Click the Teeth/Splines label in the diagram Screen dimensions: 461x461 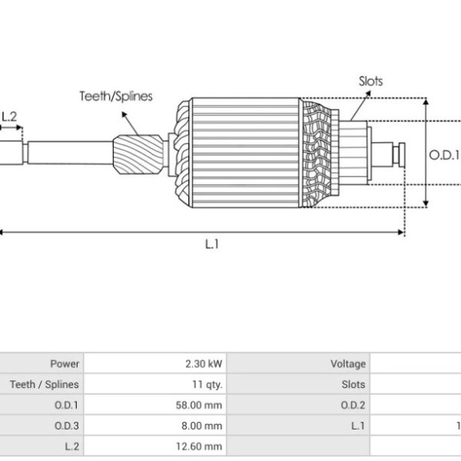116,97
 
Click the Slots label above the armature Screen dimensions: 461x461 371,81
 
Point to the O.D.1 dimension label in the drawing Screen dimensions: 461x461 444,155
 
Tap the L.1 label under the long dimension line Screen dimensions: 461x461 212,244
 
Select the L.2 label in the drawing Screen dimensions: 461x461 9,117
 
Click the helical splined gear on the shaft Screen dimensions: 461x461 138,154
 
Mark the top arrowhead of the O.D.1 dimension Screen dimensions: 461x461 426,101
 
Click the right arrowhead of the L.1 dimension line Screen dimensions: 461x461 401,232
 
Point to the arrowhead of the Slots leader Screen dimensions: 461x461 368,94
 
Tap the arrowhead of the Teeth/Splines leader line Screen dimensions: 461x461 124,114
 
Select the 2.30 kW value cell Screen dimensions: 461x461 155,363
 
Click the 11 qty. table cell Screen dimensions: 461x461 155,384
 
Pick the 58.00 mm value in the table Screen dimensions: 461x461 199,405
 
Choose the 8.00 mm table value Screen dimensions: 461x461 201,426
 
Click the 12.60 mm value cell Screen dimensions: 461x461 155,446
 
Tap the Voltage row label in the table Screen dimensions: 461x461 348,364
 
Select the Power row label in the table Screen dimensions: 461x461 65,364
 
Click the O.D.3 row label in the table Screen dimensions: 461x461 67,426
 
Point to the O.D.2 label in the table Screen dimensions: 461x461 353,405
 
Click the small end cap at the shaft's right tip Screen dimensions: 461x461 402,154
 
